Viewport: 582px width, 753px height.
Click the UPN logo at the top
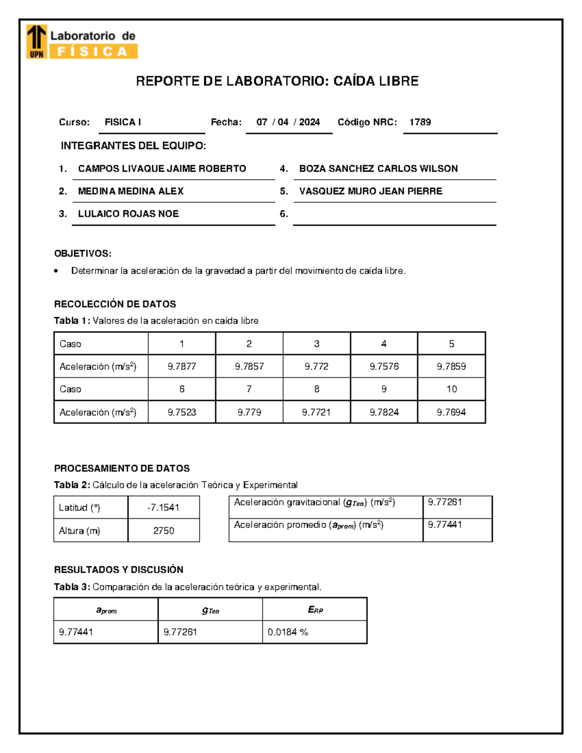(37, 42)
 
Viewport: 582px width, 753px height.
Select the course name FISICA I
(123, 122)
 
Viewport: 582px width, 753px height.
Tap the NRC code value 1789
(420, 122)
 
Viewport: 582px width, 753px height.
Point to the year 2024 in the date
(309, 122)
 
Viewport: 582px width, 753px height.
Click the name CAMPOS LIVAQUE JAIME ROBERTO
(162, 169)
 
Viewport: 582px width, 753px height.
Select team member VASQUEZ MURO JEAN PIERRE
(371, 191)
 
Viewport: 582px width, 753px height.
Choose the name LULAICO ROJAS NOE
(129, 214)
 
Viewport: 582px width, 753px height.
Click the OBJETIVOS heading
(82, 254)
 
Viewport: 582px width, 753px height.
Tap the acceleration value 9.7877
(182, 367)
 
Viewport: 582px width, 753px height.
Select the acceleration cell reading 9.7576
(384, 367)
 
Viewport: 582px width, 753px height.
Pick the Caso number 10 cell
(452, 389)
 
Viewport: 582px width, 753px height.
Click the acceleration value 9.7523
(182, 412)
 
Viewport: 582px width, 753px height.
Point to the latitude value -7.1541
(163, 508)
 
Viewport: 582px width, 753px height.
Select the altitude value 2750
(163, 530)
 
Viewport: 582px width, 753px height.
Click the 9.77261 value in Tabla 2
(445, 502)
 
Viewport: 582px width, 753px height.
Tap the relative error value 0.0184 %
(288, 632)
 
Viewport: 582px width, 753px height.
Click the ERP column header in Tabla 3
(315, 610)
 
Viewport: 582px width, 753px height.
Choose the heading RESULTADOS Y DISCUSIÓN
(118, 570)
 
